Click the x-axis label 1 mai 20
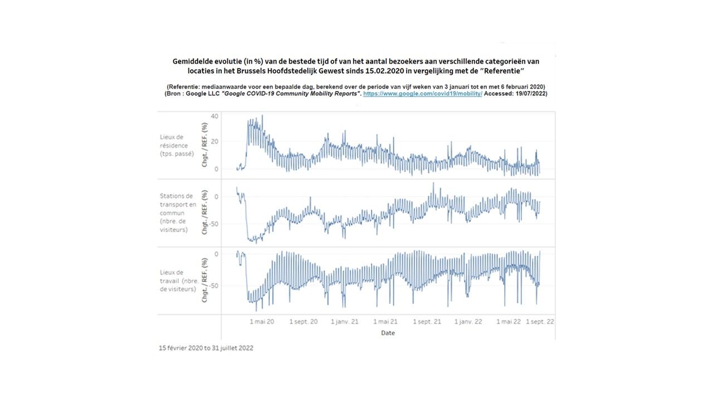[262, 321]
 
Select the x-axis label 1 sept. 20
[304, 321]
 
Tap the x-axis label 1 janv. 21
[345, 321]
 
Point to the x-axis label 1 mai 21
[385, 321]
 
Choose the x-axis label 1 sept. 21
[427, 321]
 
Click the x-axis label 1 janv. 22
[468, 321]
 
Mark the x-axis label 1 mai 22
[509, 321]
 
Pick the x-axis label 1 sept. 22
[540, 321]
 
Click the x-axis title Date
[388, 333]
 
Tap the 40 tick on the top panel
[214, 116]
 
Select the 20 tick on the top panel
[214, 141]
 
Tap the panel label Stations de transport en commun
[178, 213]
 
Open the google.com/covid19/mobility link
[422, 94]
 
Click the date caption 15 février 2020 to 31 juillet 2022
[206, 348]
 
